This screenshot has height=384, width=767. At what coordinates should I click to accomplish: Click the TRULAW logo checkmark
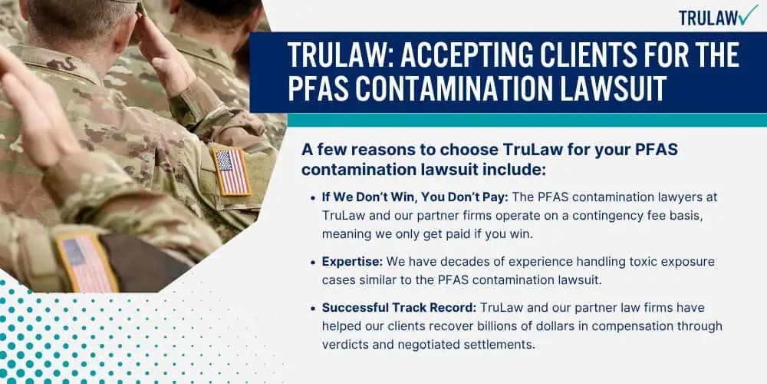click(x=749, y=15)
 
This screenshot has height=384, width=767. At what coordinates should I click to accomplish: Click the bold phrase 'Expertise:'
click(x=352, y=262)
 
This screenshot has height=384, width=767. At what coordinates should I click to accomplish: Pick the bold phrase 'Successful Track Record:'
click(x=399, y=308)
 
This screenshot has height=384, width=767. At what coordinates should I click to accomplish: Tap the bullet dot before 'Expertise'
click(x=313, y=263)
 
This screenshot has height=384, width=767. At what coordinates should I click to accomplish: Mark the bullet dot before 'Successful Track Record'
click(x=313, y=309)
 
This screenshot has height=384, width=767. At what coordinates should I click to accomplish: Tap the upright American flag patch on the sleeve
click(x=232, y=171)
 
